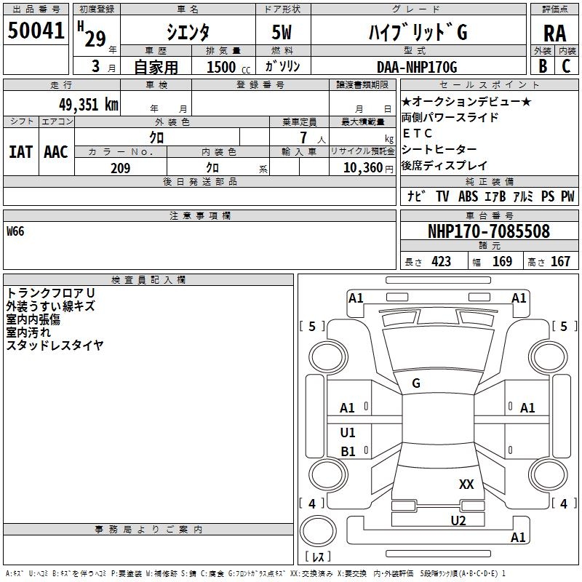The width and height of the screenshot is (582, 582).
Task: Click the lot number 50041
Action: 36,31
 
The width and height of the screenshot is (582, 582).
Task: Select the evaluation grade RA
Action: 554,33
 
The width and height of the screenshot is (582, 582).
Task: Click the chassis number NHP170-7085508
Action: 488,231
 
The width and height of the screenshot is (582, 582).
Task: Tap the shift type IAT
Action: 20,152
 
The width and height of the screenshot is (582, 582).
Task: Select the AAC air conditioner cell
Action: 56,152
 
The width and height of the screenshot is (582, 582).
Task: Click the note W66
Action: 15,232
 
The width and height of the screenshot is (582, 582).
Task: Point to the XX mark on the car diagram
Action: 466,485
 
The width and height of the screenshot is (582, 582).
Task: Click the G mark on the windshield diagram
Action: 416,383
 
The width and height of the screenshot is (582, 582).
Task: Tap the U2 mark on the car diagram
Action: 458,519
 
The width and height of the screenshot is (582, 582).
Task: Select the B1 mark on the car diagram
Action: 348,452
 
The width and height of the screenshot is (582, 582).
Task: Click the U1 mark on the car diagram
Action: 348,433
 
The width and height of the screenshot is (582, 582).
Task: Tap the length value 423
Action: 441,262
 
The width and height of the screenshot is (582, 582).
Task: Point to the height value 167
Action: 560,262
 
